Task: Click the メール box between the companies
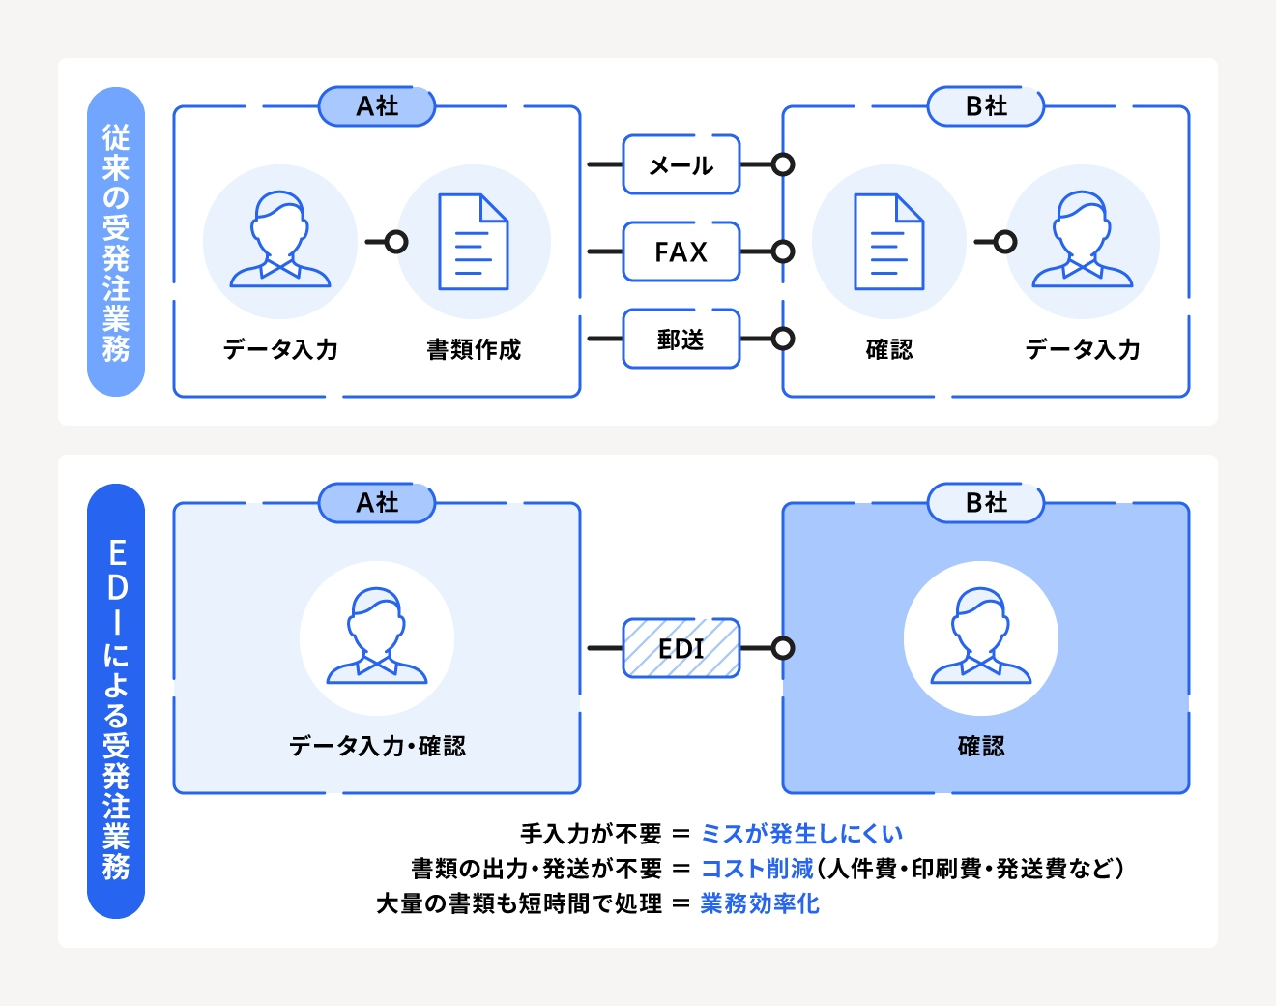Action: click(x=681, y=165)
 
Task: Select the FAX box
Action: click(x=681, y=251)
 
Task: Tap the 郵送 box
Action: click(x=681, y=339)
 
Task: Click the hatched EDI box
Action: click(x=681, y=648)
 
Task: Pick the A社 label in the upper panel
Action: click(x=377, y=106)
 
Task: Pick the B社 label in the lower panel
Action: click(x=986, y=503)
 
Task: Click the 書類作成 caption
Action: click(x=474, y=349)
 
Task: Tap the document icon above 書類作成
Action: click(x=474, y=242)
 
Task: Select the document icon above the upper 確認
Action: click(x=889, y=242)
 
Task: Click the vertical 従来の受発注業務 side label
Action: click(x=116, y=242)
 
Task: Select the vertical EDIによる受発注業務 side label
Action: click(x=116, y=701)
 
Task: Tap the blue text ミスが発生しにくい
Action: click(x=801, y=834)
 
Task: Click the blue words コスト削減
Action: click(x=757, y=869)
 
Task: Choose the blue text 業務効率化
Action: click(x=760, y=903)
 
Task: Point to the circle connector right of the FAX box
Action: click(x=783, y=251)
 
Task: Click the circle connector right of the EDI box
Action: click(x=783, y=648)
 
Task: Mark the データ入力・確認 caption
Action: click(x=377, y=746)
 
